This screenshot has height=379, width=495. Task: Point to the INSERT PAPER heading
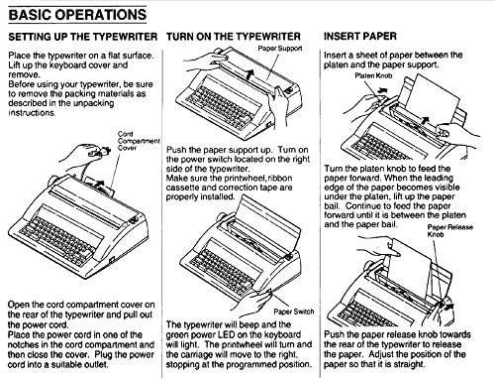click(360, 40)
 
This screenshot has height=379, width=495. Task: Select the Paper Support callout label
click(280, 47)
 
